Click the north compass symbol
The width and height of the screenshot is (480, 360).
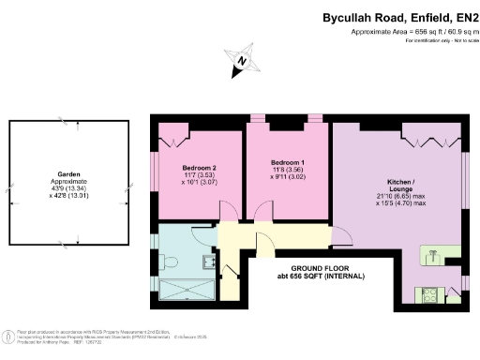[x=242, y=62]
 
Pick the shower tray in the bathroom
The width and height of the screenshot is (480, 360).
[x=187, y=289]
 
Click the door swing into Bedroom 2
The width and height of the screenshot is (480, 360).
[x=228, y=214]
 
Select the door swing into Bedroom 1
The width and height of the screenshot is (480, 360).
[x=262, y=214]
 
